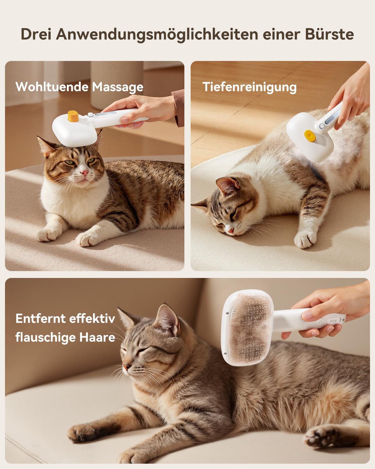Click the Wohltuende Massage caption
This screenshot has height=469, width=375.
tap(79, 87)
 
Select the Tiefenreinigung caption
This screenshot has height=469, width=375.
tap(249, 87)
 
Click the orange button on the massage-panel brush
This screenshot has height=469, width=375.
tap(73, 116)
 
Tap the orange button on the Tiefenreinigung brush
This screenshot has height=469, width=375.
tap(310, 136)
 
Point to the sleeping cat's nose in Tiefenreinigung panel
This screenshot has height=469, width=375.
tap(230, 231)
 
